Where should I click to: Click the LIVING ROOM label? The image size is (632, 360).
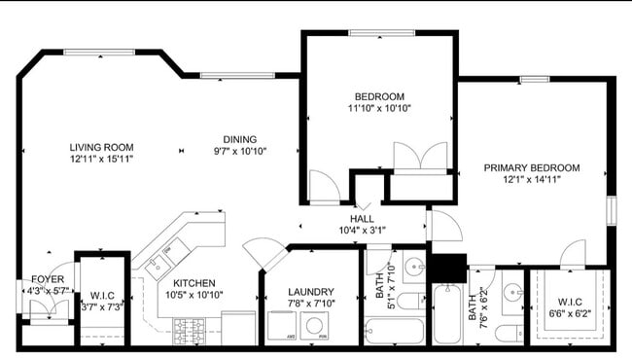coord(101,148)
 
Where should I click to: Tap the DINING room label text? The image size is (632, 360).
coord(239,139)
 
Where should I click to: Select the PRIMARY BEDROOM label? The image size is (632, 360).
coord(532,167)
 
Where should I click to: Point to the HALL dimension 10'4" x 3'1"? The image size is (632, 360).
coord(362,232)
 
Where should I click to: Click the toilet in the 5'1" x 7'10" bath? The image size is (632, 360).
coord(409,301)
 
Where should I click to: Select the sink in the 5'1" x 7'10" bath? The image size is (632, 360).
coord(412,266)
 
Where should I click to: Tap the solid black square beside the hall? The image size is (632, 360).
coord(447,268)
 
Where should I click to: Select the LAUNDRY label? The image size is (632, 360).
coord(311,292)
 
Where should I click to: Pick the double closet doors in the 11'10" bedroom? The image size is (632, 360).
coord(418,157)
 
